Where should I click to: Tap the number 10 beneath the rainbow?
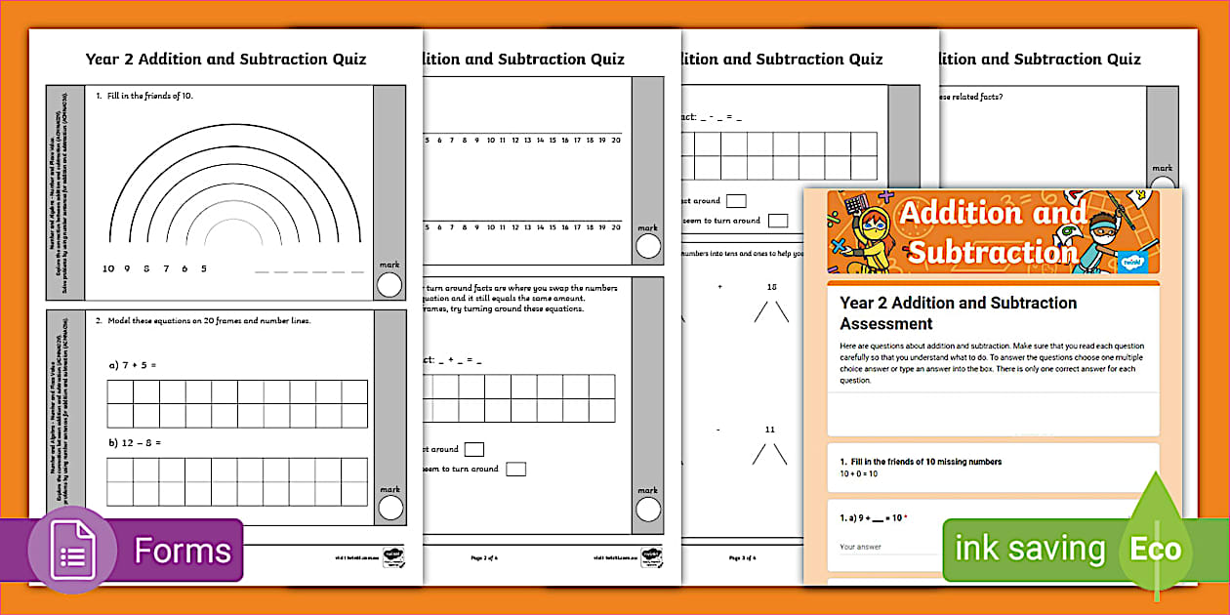(x=108, y=268)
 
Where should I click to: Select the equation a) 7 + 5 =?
(x=133, y=364)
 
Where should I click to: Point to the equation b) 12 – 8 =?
(x=136, y=442)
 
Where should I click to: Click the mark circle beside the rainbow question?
(x=389, y=284)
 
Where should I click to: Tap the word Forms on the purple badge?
(x=184, y=552)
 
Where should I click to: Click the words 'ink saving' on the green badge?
(x=1029, y=549)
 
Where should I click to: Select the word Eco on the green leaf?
(x=1156, y=550)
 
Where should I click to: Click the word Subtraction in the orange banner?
(x=990, y=253)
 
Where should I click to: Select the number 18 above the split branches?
(x=771, y=287)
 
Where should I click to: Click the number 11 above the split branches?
(x=770, y=429)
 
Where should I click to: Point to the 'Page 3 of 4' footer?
(x=743, y=557)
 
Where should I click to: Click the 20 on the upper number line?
(x=615, y=140)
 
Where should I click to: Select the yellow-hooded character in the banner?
(x=862, y=239)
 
